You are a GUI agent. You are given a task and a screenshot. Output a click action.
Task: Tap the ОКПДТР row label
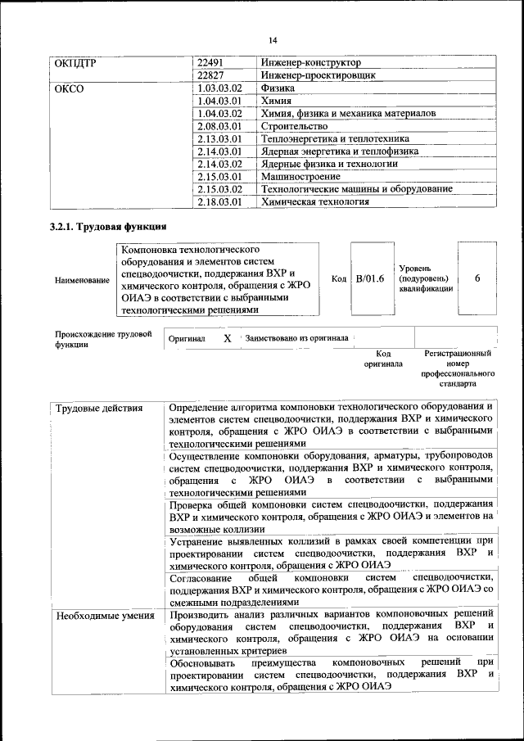click(77, 62)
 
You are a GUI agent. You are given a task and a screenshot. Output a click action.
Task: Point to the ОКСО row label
click(69, 88)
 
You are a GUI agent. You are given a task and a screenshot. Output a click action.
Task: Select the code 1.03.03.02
click(220, 88)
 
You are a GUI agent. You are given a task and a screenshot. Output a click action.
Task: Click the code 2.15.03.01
click(220, 176)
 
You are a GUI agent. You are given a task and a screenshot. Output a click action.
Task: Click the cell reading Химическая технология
click(314, 201)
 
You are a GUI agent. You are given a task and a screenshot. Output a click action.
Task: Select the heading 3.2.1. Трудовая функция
click(109, 227)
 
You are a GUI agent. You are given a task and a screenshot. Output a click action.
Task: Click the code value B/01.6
click(369, 279)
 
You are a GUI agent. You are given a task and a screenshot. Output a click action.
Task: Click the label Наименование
click(82, 280)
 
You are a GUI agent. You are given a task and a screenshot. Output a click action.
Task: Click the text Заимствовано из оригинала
click(296, 337)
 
